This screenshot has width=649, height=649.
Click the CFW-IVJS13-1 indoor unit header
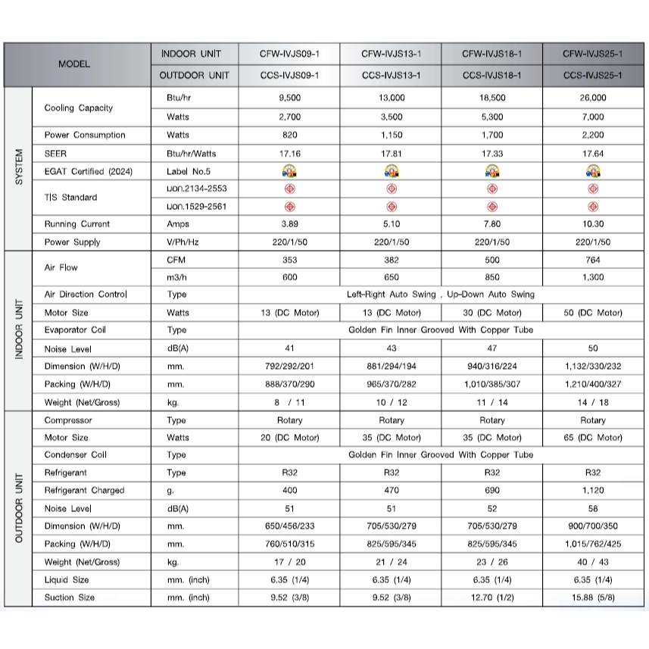coord(391,54)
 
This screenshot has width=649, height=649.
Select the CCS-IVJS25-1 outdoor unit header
coord(592,76)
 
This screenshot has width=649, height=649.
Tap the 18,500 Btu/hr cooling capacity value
coord(491,98)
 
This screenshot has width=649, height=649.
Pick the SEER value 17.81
coord(391,153)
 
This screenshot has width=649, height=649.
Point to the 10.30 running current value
coord(592,224)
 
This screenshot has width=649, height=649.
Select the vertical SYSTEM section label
coord(19,168)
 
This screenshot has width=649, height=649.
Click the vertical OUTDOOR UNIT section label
coord(19,508)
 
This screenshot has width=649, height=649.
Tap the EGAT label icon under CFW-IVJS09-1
coord(289,171)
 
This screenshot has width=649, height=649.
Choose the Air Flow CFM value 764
coord(592,260)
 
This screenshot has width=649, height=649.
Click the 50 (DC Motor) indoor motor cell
coord(592,313)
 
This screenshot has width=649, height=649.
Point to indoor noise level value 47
coord(491,349)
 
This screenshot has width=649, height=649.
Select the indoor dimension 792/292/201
coord(289,367)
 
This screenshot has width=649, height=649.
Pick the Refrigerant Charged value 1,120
coord(592,490)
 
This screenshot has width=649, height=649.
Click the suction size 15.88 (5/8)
coord(592,598)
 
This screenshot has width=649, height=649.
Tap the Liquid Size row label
coord(67,579)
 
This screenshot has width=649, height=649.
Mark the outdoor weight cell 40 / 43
coord(592,562)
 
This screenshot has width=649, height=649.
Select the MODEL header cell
coord(74,64)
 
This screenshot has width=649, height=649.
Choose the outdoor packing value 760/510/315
coord(289,544)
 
